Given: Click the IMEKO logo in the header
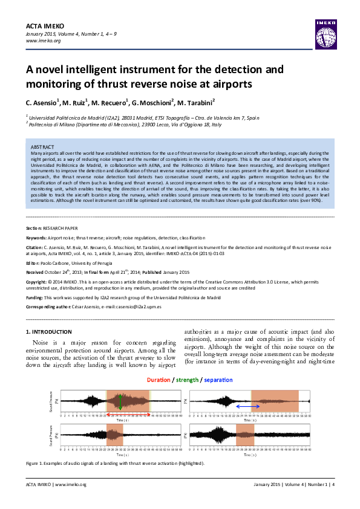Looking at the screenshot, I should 324,32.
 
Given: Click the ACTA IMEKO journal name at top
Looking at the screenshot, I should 44,25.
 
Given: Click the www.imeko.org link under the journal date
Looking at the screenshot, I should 43,41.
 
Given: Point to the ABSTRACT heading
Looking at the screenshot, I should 42,147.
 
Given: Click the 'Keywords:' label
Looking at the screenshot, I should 38,238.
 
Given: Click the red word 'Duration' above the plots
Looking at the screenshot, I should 159,380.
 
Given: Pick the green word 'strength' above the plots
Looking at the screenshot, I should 188,380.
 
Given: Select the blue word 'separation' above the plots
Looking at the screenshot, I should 218,380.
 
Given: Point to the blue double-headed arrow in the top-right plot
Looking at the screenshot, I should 247,407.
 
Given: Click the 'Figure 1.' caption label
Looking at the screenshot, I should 36,463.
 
